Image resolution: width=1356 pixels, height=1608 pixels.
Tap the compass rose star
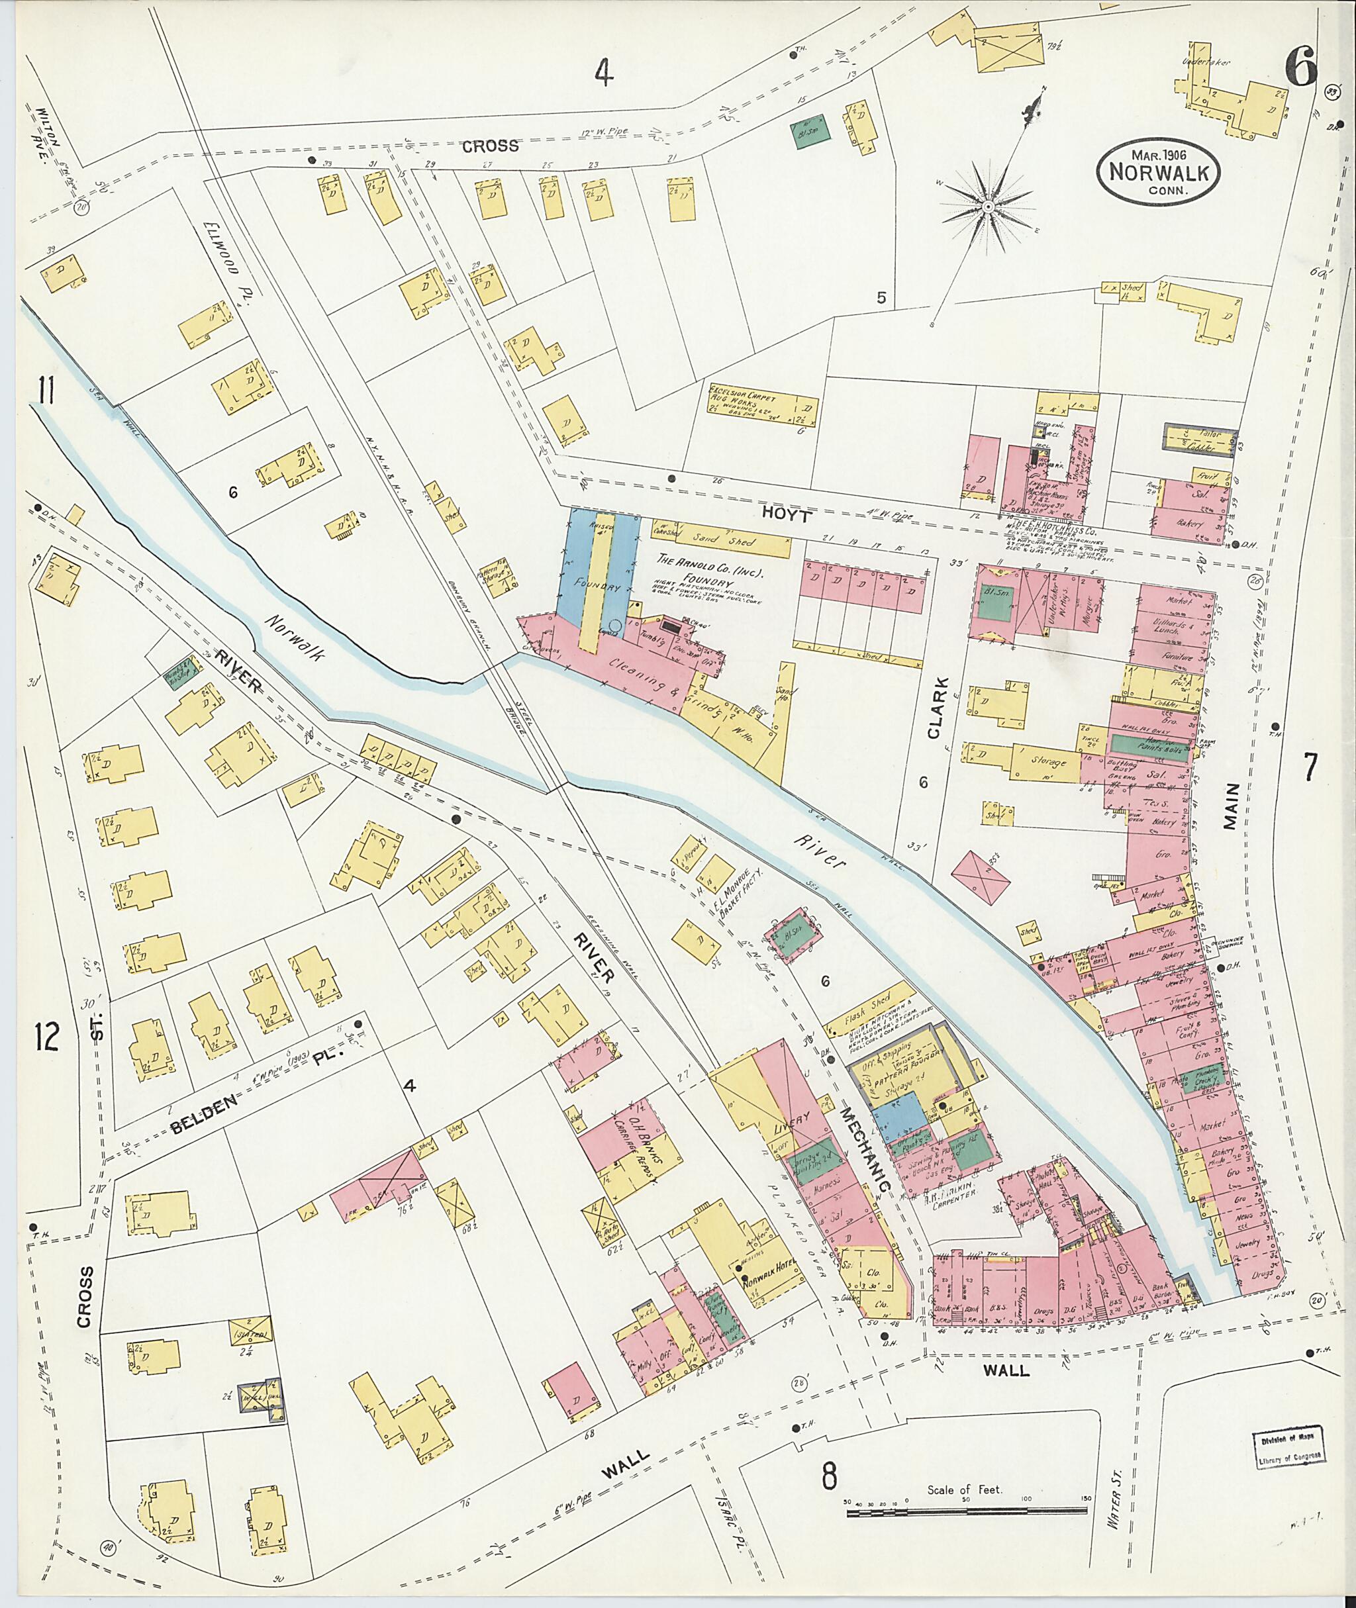pos(987,207)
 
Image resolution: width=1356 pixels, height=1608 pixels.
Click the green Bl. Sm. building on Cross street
pos(811,130)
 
